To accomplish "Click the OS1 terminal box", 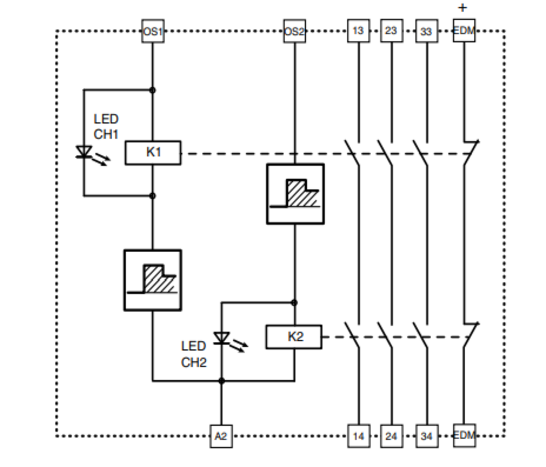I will pyautogui.click(x=153, y=31).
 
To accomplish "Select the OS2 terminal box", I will pyautogui.click(x=294, y=31).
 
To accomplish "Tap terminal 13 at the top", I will pyautogui.click(x=358, y=31).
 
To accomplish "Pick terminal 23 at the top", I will pyautogui.click(x=391, y=31).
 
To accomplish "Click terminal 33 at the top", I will pyautogui.click(x=427, y=31).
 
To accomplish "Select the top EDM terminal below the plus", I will pyautogui.click(x=464, y=31).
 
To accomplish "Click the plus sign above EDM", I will pyautogui.click(x=462, y=8).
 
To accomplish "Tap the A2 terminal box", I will pyautogui.click(x=221, y=436).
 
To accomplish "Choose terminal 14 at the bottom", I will pyautogui.click(x=359, y=436).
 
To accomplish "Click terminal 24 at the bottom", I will pyautogui.click(x=391, y=436).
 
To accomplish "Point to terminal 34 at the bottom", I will pyautogui.click(x=427, y=436).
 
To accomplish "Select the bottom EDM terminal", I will pyautogui.click(x=464, y=435).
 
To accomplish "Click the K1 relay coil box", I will pyautogui.click(x=153, y=153).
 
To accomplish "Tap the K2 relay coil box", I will pyautogui.click(x=294, y=337).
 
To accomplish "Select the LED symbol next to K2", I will pyautogui.click(x=222, y=339).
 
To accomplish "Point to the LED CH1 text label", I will pyautogui.click(x=106, y=127).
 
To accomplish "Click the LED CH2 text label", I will pyautogui.click(x=194, y=354).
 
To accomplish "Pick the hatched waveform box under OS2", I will pyautogui.click(x=295, y=194).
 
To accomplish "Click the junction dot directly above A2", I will pyautogui.click(x=221, y=381).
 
